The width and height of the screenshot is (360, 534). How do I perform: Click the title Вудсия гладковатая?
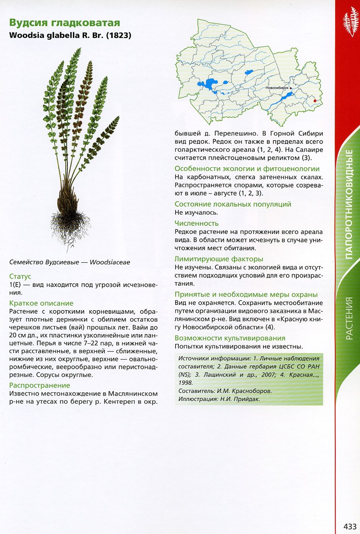point(65,22)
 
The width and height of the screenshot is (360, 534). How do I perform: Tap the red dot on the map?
point(315,101)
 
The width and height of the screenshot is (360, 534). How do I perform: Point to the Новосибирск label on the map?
point(277,87)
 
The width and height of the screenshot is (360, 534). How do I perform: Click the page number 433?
point(350,526)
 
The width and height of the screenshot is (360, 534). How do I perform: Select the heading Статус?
point(20,276)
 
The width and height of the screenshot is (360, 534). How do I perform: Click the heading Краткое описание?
point(41,303)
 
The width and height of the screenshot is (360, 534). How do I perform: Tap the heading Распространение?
point(40,385)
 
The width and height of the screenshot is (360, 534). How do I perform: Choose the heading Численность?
point(196,223)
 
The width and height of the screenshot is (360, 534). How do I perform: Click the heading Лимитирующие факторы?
point(219,259)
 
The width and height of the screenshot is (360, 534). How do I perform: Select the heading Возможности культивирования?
point(230,338)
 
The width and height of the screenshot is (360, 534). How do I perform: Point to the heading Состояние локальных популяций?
point(233,204)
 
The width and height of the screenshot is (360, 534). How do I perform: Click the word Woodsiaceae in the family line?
point(110,262)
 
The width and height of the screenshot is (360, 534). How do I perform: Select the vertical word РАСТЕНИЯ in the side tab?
point(349,318)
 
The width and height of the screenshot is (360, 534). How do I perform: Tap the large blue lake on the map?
point(208,85)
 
